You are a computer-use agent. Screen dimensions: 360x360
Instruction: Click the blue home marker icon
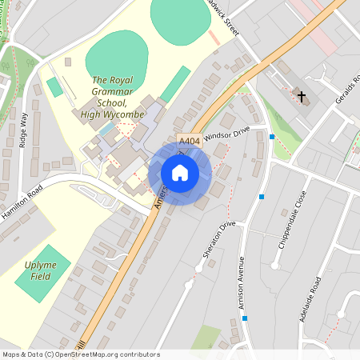coord(180,173)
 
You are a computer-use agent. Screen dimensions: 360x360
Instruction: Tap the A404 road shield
coord(189,141)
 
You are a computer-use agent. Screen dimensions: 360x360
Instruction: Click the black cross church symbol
coord(302,97)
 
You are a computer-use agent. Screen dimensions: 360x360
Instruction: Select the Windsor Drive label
coord(227,133)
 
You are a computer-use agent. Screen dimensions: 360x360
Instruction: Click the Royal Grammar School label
coord(111,97)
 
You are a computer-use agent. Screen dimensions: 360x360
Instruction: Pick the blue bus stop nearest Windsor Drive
coord(272,137)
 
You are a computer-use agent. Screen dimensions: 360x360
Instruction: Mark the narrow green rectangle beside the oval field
coord(175,84)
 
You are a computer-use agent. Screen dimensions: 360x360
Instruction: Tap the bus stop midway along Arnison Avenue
coord(262,196)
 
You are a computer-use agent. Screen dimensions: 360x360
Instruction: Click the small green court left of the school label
coord(54,87)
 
